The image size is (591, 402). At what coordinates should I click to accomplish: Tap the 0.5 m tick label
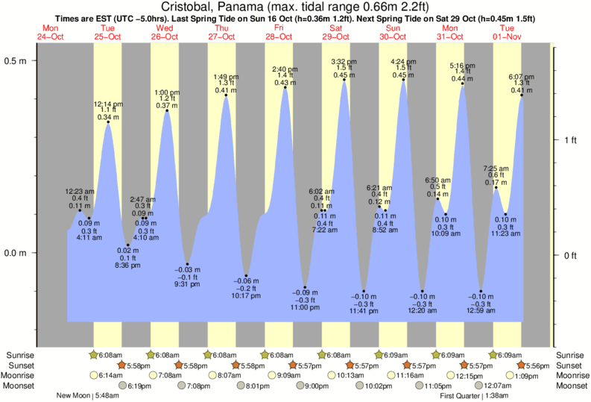(x=17, y=60)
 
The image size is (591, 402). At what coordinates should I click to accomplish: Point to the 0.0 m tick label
(x=17, y=253)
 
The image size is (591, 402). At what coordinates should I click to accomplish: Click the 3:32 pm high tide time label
(x=344, y=60)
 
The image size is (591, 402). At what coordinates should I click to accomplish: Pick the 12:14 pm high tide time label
(x=108, y=104)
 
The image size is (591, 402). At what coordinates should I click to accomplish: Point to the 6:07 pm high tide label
(x=521, y=77)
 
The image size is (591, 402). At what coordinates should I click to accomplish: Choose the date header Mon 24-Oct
(x=51, y=32)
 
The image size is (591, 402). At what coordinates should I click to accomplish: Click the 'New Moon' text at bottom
(x=74, y=396)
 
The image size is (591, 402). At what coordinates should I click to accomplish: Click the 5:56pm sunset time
(x=537, y=365)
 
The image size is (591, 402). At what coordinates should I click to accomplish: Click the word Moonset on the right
(x=572, y=386)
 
